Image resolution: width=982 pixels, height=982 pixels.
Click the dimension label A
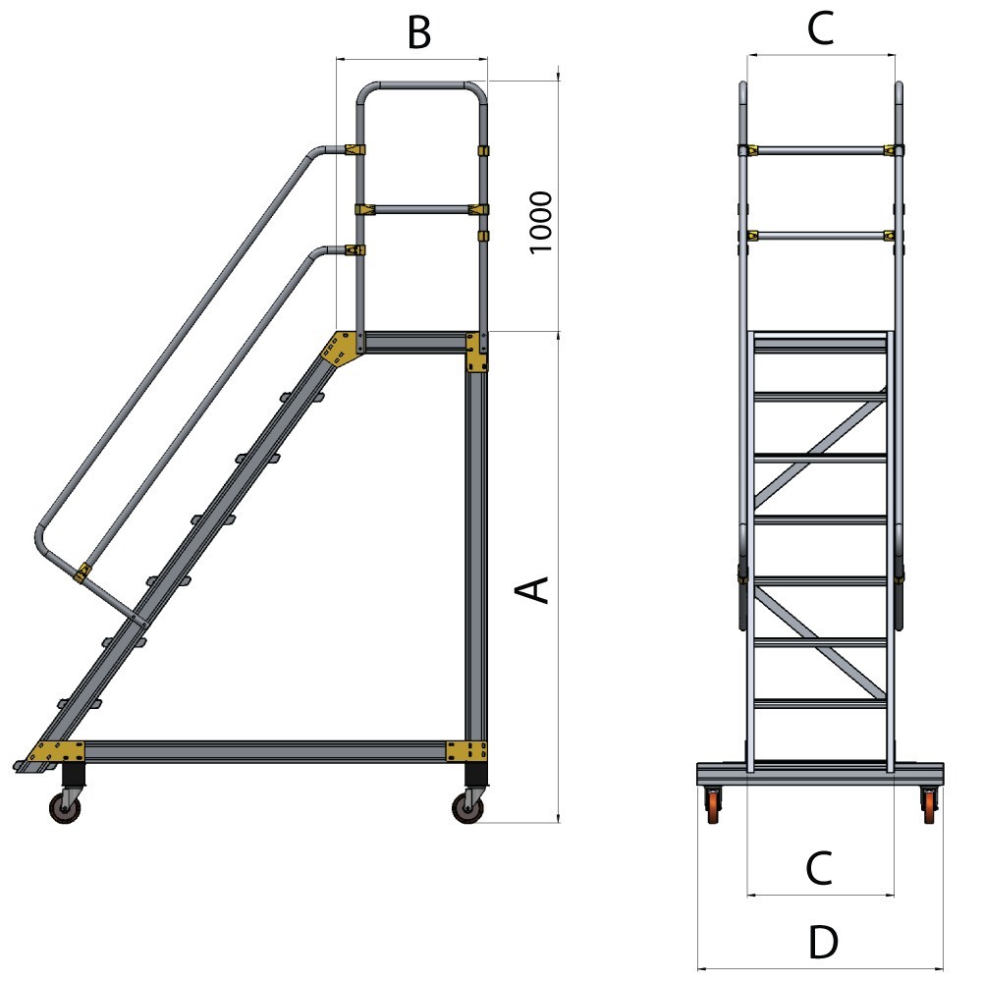point(531,589)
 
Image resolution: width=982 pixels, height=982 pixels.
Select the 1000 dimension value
point(541,222)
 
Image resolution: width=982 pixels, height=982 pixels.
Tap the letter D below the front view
point(823,944)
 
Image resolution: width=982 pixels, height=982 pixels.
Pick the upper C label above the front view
point(820,29)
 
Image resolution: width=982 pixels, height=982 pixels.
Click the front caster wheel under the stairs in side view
point(66,809)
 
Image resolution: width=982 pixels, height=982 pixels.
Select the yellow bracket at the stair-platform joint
point(340,349)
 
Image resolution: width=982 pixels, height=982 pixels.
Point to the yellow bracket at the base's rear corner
point(466,750)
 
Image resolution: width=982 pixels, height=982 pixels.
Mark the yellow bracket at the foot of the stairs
point(57,751)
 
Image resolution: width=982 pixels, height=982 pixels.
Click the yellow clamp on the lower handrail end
point(83,571)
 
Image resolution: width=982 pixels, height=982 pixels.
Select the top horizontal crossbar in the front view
point(821,150)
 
